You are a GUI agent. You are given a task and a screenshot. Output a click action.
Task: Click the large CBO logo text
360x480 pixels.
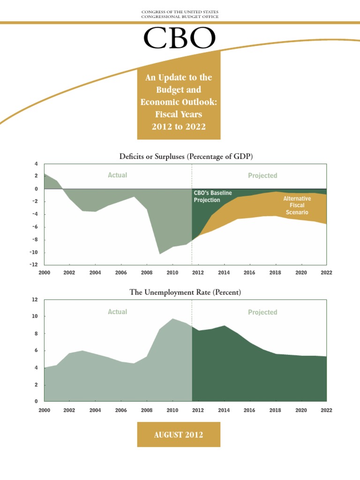(180, 38)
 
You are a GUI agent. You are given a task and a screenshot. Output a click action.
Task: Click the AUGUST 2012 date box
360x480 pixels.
(179, 435)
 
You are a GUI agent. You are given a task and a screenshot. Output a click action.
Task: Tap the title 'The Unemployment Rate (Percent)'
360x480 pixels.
(185, 292)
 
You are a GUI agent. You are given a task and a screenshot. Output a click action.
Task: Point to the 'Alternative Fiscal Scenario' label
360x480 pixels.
(297, 205)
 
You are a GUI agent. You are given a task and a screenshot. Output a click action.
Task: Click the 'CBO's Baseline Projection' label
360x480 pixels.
(207, 196)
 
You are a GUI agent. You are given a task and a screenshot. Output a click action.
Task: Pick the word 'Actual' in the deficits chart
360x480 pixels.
(117, 175)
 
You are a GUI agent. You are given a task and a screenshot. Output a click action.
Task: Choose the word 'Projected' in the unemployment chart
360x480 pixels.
(262, 312)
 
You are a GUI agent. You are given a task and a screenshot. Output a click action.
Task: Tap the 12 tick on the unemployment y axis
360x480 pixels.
(34, 299)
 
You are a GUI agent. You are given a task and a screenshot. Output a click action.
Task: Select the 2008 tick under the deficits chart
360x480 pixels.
(147, 272)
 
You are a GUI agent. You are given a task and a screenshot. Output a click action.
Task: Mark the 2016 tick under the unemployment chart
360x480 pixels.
(249, 410)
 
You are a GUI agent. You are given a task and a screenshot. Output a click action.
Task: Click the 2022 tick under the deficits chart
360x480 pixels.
(326, 272)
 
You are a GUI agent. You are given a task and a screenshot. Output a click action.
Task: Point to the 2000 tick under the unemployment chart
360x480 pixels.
(44, 410)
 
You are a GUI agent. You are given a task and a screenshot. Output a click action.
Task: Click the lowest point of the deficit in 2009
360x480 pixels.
(160, 254)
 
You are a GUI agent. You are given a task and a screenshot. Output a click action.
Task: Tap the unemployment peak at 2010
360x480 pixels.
(172, 319)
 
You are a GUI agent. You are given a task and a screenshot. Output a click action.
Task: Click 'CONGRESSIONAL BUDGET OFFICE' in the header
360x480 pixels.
(180, 16)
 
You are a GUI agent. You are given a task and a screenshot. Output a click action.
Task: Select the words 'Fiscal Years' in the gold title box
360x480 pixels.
(179, 113)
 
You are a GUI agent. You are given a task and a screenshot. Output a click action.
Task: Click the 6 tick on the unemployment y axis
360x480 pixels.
(36, 351)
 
